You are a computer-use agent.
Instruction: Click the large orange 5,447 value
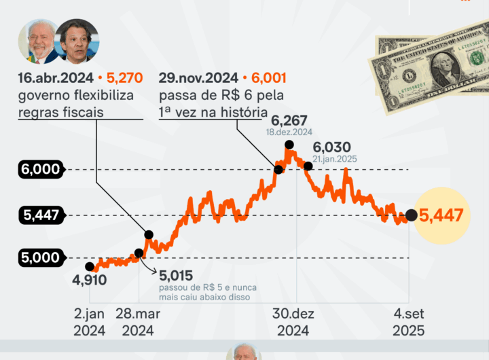441,216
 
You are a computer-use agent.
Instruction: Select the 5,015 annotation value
177,275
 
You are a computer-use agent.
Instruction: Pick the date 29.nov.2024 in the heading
198,78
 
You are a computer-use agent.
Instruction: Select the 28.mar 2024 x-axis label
139,322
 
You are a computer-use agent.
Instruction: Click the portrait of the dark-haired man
75,42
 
